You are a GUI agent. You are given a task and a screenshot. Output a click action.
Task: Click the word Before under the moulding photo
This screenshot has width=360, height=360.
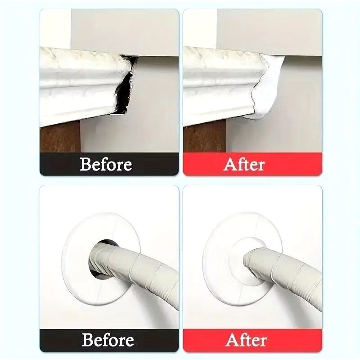point(106,164)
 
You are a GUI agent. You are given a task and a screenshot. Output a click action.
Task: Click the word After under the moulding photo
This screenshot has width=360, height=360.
point(244,164)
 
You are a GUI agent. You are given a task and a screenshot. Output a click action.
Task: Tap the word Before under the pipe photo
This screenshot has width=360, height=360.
point(108,340)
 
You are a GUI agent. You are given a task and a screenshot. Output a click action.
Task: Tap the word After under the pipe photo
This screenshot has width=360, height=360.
point(246,340)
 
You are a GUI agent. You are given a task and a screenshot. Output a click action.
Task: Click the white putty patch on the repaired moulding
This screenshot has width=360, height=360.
point(267,87)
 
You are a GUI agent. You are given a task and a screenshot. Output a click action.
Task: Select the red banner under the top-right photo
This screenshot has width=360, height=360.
point(252,164)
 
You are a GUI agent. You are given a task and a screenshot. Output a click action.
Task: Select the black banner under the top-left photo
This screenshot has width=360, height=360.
point(109,164)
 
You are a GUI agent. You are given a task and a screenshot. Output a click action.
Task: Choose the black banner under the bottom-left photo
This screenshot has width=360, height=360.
point(109,340)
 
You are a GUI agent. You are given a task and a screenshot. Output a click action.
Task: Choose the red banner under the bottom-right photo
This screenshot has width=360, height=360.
point(252,340)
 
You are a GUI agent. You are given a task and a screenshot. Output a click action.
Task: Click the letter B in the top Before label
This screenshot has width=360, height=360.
point(85,164)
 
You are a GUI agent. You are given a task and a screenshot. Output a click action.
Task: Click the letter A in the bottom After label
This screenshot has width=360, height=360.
point(231,340)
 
